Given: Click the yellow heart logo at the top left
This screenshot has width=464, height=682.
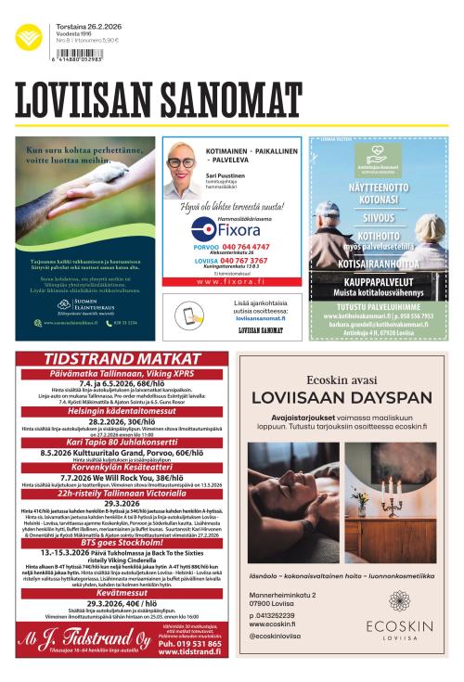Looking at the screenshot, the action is (x=28, y=38).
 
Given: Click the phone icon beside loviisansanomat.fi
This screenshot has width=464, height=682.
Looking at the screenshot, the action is (x=191, y=315).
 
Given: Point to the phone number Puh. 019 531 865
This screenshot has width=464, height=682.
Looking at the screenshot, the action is (x=189, y=668).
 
